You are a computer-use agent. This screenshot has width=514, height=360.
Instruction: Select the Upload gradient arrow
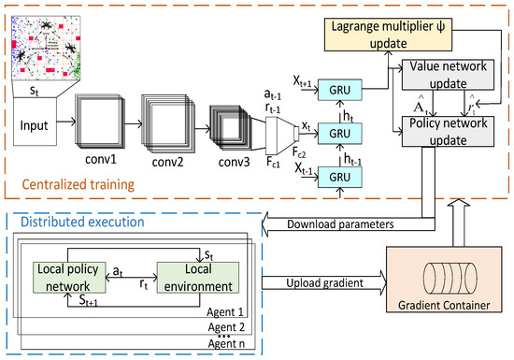(x=322, y=281)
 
